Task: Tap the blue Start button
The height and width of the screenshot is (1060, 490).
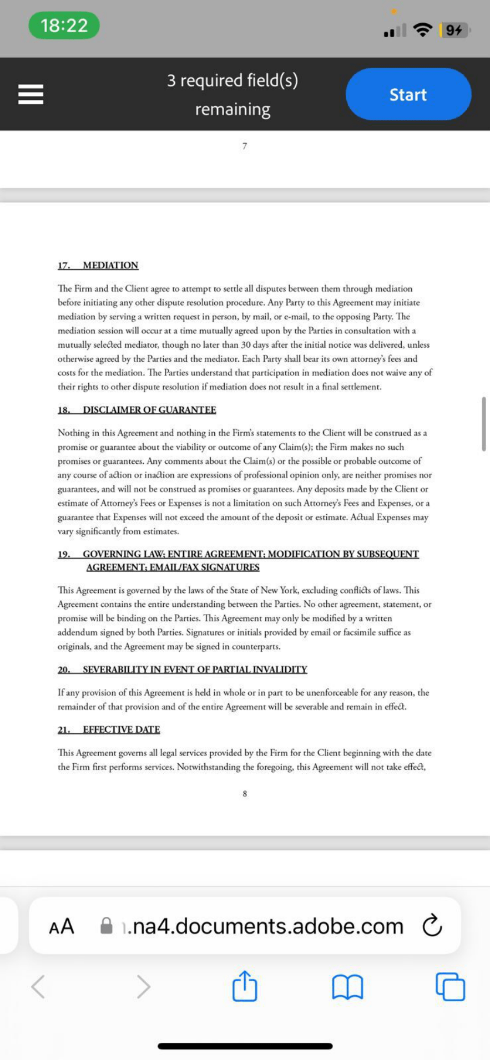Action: coord(408,94)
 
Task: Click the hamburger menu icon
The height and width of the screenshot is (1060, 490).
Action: coord(31,94)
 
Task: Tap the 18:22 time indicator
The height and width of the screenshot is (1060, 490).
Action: coord(64,26)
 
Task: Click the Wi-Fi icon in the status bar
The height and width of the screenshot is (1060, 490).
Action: coord(423,30)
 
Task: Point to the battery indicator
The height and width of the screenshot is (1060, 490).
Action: coord(454,30)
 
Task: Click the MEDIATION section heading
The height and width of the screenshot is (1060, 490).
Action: coord(110,265)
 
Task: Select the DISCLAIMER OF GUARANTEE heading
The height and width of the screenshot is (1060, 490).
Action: coord(149,410)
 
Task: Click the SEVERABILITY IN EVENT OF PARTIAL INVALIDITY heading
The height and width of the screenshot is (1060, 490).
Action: coord(194,670)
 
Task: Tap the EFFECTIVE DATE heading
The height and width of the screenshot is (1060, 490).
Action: coord(121,729)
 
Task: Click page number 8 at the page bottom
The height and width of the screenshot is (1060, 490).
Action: coord(245,794)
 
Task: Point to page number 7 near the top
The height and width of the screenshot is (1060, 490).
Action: coord(245,146)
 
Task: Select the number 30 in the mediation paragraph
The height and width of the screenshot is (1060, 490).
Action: coord(246,344)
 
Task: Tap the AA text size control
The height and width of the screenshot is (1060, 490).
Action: coord(62,926)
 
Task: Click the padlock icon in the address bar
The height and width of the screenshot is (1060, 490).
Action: coord(107,925)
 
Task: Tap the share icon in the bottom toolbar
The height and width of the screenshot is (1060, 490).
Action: coord(245,986)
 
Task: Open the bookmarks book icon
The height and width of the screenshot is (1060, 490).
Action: coord(347,987)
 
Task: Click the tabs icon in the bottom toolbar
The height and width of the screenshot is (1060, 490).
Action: coord(450,986)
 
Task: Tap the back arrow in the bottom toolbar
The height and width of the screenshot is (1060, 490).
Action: coord(38,987)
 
